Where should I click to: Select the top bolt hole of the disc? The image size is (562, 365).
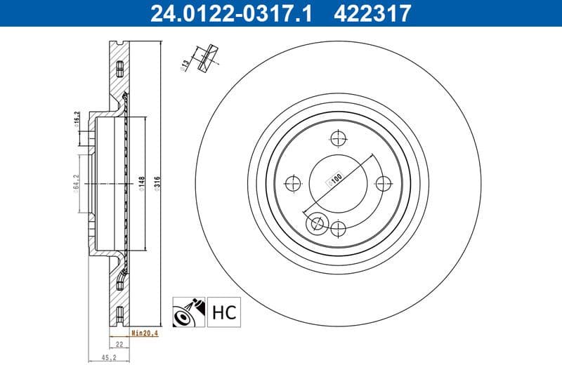coord(338,138)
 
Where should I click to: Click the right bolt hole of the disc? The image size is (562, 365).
coord(383,183)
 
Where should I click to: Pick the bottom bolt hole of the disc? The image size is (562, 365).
coord(338,227)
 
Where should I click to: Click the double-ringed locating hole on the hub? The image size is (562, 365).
coord(317,223)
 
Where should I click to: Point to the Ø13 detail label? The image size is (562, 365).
coord(185,65)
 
